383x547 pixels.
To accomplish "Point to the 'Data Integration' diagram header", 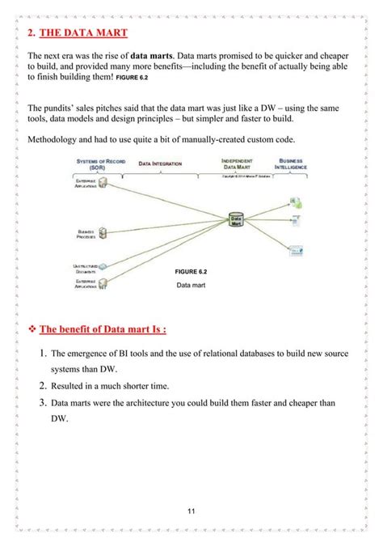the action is pyautogui.click(x=160, y=163).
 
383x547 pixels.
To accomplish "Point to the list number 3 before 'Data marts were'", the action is pyautogui.click(x=42, y=403).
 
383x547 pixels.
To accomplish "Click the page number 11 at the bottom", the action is pyautogui.click(x=191, y=511).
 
